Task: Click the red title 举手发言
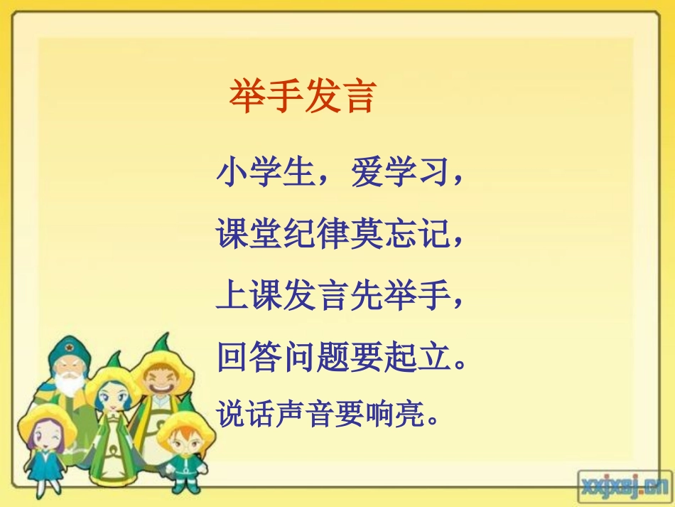point(301,97)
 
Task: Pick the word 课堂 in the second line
point(249,234)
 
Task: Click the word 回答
point(249,357)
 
